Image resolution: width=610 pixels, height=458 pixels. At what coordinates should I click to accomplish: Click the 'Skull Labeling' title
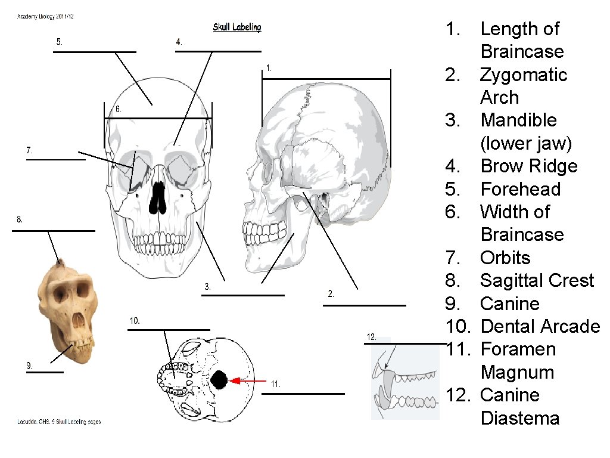coord(237,27)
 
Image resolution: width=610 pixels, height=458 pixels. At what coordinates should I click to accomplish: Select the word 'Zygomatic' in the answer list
coord(524,75)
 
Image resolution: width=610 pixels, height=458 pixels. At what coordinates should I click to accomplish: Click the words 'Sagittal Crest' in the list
coord(537,280)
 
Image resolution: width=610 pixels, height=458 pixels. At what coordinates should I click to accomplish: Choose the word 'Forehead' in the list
coord(520,189)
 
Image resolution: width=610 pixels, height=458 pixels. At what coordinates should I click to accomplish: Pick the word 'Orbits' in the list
coord(505,258)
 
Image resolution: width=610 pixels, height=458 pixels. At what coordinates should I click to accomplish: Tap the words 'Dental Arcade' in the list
coord(540,326)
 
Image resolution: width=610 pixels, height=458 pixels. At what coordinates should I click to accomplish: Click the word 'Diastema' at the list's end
coord(519,418)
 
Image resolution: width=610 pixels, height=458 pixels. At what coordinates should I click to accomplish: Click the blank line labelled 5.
coord(94,52)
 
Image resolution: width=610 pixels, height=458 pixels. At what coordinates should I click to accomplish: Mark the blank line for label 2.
coord(364,305)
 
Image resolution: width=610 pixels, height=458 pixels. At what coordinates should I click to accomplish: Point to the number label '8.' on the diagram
coord(20,219)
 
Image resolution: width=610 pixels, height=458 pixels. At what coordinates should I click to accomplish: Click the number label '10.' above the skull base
coord(135,321)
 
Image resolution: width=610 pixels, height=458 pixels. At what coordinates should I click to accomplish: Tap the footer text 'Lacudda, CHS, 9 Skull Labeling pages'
coord(58,422)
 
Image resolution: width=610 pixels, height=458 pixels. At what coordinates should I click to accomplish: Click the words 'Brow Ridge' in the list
coord(528,166)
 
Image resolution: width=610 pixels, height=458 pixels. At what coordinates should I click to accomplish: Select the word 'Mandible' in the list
coord(518,120)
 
